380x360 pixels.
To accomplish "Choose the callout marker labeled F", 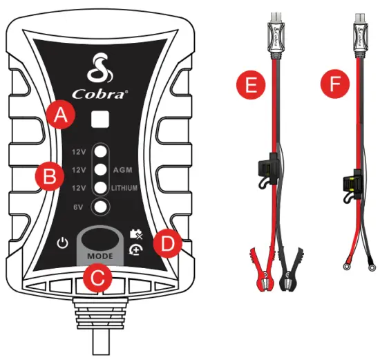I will tap(337, 86).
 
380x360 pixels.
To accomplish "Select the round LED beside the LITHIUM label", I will tap(101, 188).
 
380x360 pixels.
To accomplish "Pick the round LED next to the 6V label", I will tap(101, 207).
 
